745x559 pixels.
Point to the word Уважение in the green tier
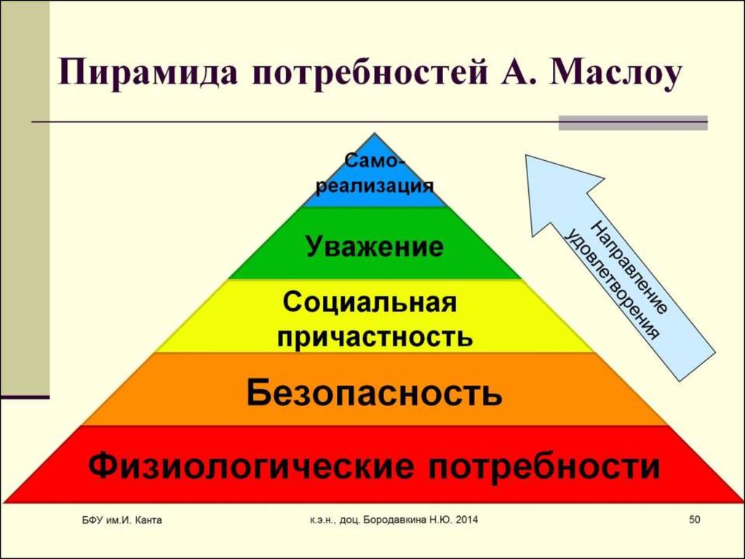375,246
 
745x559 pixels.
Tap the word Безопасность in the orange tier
374,394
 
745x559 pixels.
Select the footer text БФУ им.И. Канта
121,520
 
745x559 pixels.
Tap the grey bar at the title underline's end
632,122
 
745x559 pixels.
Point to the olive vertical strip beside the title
25,197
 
